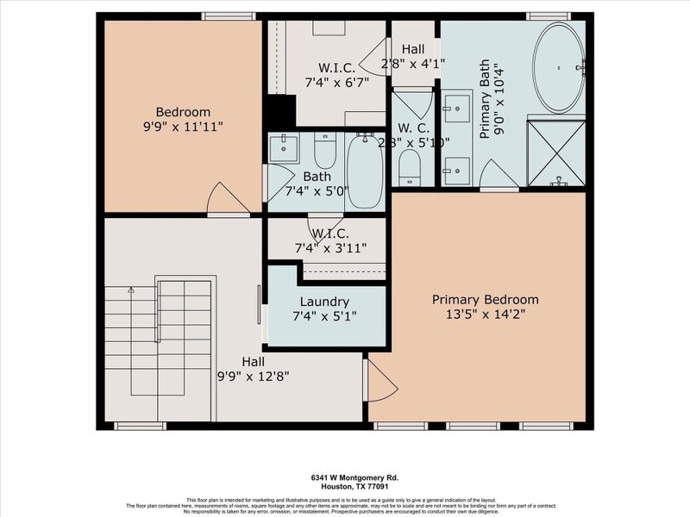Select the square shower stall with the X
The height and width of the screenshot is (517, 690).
pyautogui.click(x=556, y=153)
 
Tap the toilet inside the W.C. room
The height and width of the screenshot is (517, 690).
pyautogui.click(x=410, y=165)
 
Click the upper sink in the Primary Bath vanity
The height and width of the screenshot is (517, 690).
pyautogui.click(x=457, y=109)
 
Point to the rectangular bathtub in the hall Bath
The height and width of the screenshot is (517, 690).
pyautogui.click(x=365, y=171)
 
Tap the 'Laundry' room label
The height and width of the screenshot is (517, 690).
pyautogui.click(x=324, y=302)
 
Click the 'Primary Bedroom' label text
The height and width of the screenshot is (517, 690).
pyautogui.click(x=485, y=299)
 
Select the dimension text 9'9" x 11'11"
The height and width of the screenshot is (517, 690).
pyautogui.click(x=183, y=126)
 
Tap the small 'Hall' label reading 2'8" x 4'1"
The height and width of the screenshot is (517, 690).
pyautogui.click(x=413, y=51)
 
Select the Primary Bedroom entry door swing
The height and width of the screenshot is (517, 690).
pyautogui.click(x=380, y=381)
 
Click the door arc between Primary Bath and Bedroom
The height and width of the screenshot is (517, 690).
pyautogui.click(x=499, y=176)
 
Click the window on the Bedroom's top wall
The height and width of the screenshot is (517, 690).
pyautogui.click(x=229, y=16)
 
